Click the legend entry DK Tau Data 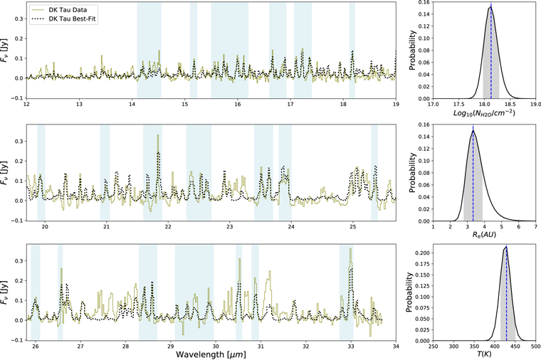pos(72,9)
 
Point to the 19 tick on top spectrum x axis pos(396,105)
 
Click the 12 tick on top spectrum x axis pos(27,105)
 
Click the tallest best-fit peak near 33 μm pos(351,268)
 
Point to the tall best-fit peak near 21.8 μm pos(157,153)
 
